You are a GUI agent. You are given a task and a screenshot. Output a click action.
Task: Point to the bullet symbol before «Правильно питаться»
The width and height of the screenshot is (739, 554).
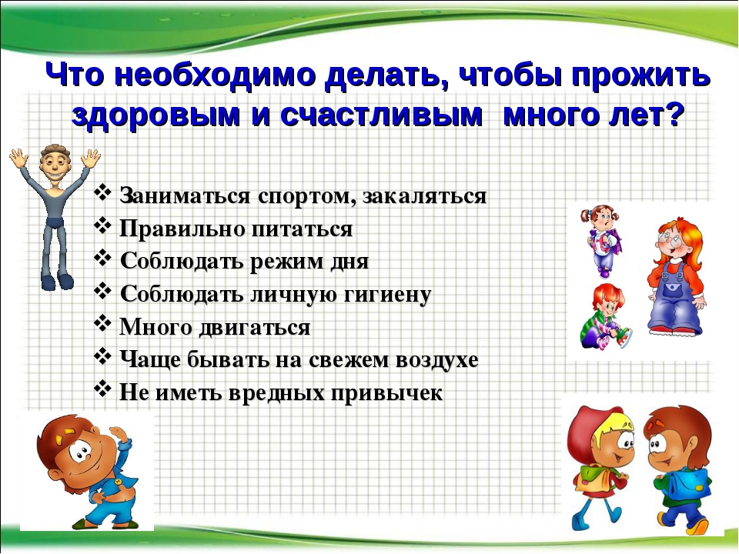tap(102, 226)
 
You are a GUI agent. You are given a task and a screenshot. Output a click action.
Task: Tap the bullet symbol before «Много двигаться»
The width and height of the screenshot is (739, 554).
tap(102, 324)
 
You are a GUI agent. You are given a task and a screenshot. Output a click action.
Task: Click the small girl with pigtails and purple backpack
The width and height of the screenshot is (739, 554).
tap(601, 240)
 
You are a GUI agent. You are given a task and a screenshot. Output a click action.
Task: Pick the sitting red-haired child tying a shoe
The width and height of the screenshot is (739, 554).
tap(606, 316)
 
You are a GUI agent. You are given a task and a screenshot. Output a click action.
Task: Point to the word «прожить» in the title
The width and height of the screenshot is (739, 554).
tap(640, 75)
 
